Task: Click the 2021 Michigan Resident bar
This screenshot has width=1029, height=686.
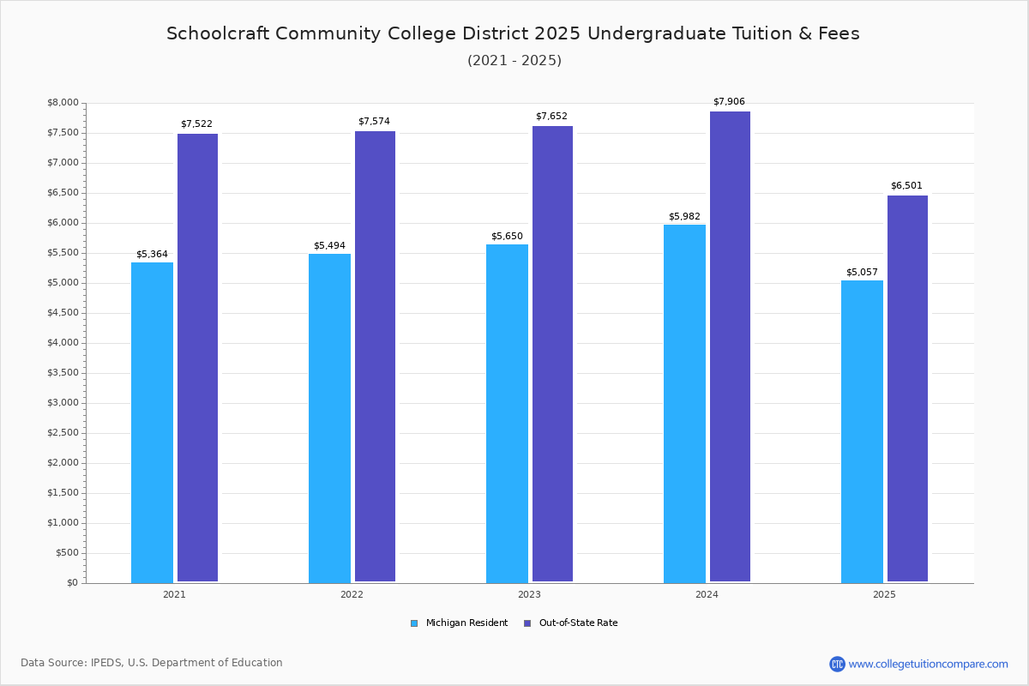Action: coord(152,423)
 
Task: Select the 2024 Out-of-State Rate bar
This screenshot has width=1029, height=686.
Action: coord(730,346)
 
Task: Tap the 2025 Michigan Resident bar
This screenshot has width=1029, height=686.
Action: coord(863,432)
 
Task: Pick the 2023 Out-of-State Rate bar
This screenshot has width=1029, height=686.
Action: coord(552,354)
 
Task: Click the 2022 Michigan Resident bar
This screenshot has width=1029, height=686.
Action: coord(330,418)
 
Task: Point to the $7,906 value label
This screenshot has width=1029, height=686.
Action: coord(729,101)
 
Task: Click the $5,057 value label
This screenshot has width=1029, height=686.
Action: coord(862,272)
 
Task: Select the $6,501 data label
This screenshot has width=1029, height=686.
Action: coord(906,185)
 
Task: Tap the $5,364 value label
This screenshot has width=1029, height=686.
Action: coord(152,254)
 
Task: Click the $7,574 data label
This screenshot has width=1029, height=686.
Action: coord(374,121)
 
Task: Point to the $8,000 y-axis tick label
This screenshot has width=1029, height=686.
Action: coord(63,102)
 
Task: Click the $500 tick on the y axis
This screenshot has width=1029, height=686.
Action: coord(68,553)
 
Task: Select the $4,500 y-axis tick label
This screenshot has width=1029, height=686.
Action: coord(63,313)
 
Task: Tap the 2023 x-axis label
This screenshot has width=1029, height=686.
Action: coord(529,594)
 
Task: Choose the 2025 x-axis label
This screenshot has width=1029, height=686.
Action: coord(884,594)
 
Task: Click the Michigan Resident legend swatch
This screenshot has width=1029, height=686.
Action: coord(414,623)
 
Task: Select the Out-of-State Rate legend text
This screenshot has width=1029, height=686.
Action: coord(578,623)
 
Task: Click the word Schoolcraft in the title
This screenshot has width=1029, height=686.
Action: coord(218,33)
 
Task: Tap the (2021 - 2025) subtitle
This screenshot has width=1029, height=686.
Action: coord(514,61)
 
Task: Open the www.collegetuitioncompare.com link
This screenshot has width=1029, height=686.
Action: coord(928,664)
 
